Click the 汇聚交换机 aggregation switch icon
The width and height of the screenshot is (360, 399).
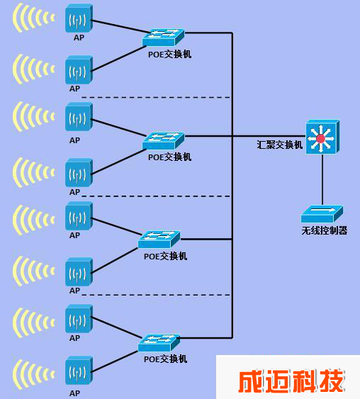(322, 137)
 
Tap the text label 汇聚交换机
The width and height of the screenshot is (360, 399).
(280, 145)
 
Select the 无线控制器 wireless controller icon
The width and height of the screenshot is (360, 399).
(322, 214)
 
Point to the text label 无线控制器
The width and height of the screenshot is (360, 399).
(325, 230)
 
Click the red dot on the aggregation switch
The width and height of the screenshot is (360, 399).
(320, 139)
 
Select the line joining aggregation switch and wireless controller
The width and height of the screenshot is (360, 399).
(322, 179)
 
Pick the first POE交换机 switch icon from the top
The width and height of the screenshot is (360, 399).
(163, 37)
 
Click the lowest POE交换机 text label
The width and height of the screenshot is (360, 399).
(165, 359)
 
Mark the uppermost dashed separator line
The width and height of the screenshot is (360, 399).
(156, 98)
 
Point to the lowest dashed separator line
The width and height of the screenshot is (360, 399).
(156, 296)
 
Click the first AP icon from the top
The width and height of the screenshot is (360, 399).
(79, 18)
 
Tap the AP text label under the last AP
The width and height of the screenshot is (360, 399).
(74, 393)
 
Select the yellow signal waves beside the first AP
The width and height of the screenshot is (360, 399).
(33, 18)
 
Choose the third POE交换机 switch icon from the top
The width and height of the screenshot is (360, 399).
(159, 240)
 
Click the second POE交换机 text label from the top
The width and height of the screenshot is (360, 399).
(169, 157)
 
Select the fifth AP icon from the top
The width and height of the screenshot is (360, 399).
(79, 215)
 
